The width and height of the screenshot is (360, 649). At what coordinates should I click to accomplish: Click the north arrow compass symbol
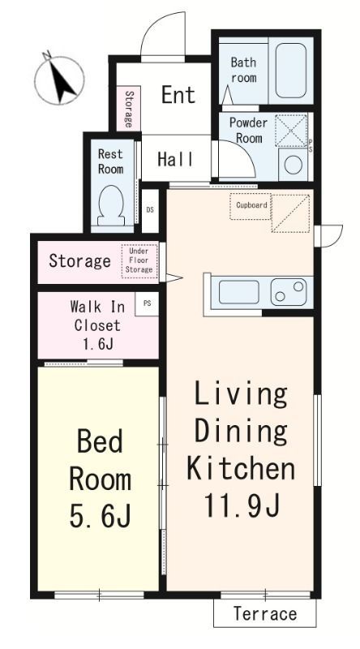pyautogui.click(x=59, y=80)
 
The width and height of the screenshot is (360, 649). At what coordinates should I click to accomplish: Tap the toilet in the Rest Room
pyautogui.click(x=110, y=206)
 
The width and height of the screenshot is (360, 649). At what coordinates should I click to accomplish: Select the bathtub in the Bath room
pyautogui.click(x=291, y=71)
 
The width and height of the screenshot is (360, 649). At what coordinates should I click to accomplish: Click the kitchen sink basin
pyautogui.click(x=238, y=291)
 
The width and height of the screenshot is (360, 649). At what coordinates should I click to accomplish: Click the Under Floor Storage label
pyautogui.click(x=139, y=260)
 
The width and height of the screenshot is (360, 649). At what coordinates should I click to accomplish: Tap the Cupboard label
pyautogui.click(x=251, y=205)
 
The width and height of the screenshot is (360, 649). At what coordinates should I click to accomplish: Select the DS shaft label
pyautogui.click(x=150, y=210)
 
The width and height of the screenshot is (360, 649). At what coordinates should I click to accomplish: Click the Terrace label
pyautogui.click(x=265, y=614)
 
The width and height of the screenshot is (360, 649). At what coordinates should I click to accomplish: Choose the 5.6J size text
pyautogui.click(x=101, y=515)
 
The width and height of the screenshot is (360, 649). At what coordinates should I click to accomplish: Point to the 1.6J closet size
pyautogui.click(x=98, y=344)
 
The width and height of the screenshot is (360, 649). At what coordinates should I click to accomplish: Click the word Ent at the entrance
pyautogui.click(x=178, y=95)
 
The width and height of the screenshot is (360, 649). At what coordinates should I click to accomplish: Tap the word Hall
pyautogui.click(x=175, y=159)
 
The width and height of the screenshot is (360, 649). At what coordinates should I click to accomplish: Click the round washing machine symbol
pyautogui.click(x=294, y=165)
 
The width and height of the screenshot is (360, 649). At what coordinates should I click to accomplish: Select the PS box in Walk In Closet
pyautogui.click(x=148, y=303)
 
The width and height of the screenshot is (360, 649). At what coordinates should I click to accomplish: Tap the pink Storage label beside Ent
pyautogui.click(x=128, y=110)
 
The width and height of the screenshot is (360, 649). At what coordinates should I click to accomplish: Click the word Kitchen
pyautogui.click(x=241, y=469)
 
